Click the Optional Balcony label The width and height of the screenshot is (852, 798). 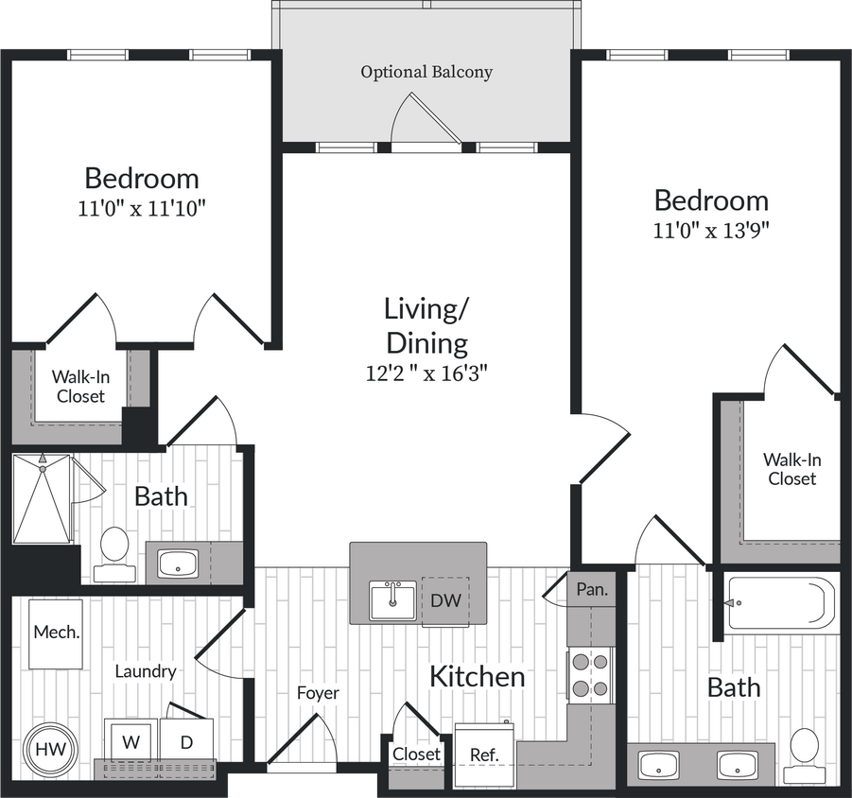tap(426, 72)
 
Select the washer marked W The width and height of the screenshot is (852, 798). tap(130, 742)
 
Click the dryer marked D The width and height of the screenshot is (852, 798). tap(186, 742)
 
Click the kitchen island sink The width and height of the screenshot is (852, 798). tap(391, 600)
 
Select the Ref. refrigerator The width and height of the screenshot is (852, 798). tap(484, 755)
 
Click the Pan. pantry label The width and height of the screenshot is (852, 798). tap(592, 588)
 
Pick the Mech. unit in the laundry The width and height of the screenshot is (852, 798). tap(55, 633)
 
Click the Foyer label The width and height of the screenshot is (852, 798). tap(318, 692)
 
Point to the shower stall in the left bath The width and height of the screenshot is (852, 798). tap(42, 498)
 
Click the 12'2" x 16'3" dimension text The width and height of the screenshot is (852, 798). tap(426, 373)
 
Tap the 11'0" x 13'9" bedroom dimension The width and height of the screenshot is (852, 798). tap(711, 230)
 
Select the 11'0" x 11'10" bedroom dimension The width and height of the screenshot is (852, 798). tap(142, 208)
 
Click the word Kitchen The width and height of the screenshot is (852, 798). tap(477, 676)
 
